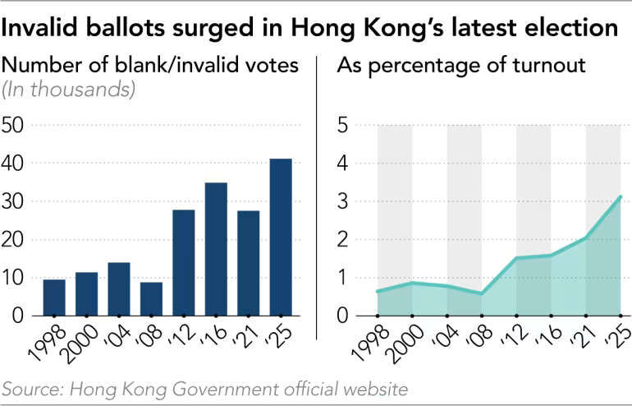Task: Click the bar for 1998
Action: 54,298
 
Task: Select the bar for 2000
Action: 86,293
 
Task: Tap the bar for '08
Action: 152,298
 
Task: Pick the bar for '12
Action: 184,263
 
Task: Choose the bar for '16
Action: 216,249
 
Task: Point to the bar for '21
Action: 248,263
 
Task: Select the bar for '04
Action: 119,288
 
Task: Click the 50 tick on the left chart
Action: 16,125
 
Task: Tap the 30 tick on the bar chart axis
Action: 16,201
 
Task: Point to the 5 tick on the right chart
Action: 346,125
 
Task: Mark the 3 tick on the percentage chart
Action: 346,201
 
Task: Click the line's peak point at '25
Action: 621,196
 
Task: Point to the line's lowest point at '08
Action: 482,293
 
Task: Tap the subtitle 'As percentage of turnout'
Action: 461,66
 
